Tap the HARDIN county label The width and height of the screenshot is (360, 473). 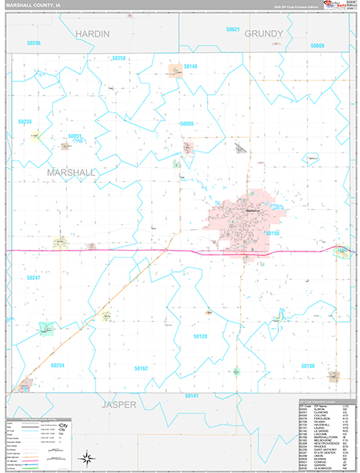point(93,34)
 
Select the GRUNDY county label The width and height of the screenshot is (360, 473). point(263,34)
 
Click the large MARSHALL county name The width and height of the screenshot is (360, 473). point(71,171)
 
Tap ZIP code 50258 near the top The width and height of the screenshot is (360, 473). point(119,58)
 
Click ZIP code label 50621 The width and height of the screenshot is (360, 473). point(232,29)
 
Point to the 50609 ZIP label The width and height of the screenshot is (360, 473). point(316,46)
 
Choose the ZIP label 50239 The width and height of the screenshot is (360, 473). point(24,121)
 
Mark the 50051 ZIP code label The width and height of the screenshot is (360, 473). point(75,136)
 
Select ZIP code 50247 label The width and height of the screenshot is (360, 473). point(33,278)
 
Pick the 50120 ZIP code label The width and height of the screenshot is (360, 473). point(200,336)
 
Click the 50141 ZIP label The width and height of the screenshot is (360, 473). point(190,397)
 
